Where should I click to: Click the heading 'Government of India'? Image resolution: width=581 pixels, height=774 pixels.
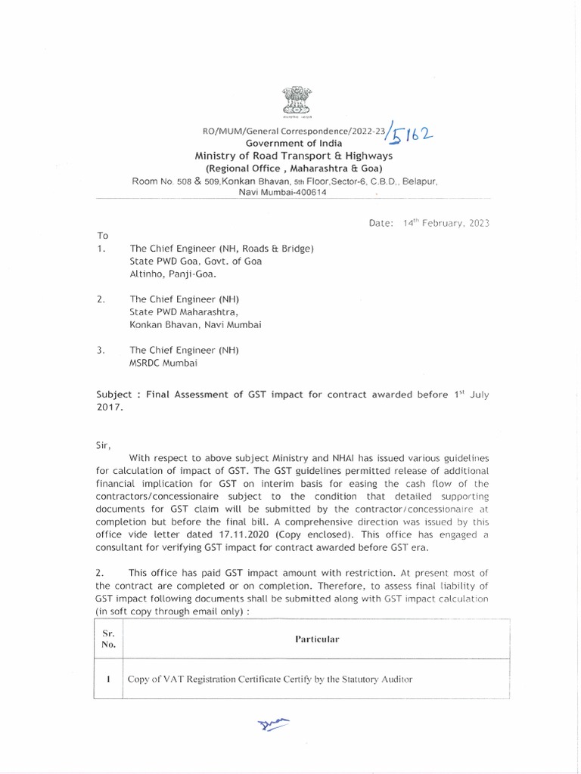point(294,144)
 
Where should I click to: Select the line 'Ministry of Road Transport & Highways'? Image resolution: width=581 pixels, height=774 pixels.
point(294,156)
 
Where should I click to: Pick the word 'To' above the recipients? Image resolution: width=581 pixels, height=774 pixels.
point(103,236)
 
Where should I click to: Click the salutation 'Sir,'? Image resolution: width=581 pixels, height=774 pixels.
point(103,445)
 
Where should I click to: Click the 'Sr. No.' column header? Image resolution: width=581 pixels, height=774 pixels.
point(108,639)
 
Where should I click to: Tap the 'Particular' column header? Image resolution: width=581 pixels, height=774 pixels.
point(317,639)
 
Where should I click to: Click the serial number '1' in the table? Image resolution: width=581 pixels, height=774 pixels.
point(109,679)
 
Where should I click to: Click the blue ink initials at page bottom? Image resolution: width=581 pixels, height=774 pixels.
point(273,726)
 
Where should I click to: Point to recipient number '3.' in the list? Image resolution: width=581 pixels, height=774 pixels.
point(102,350)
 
